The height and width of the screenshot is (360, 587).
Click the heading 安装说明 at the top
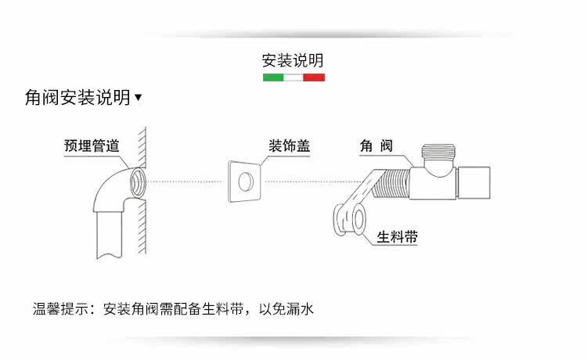pyautogui.click(x=293, y=61)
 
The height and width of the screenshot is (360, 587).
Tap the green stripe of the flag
pyautogui.click(x=272, y=77)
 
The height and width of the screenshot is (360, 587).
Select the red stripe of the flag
pyautogui.click(x=314, y=77)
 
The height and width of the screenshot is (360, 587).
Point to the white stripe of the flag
pyautogui.click(x=293, y=77)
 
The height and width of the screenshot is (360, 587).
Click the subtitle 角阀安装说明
pyautogui.click(x=77, y=98)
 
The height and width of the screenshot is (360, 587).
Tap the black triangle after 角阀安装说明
pyautogui.click(x=139, y=98)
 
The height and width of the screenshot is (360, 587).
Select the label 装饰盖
pyautogui.click(x=289, y=146)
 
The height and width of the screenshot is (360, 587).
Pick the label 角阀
pyautogui.click(x=375, y=146)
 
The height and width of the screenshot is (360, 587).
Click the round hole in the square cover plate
pyautogui.click(x=245, y=182)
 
